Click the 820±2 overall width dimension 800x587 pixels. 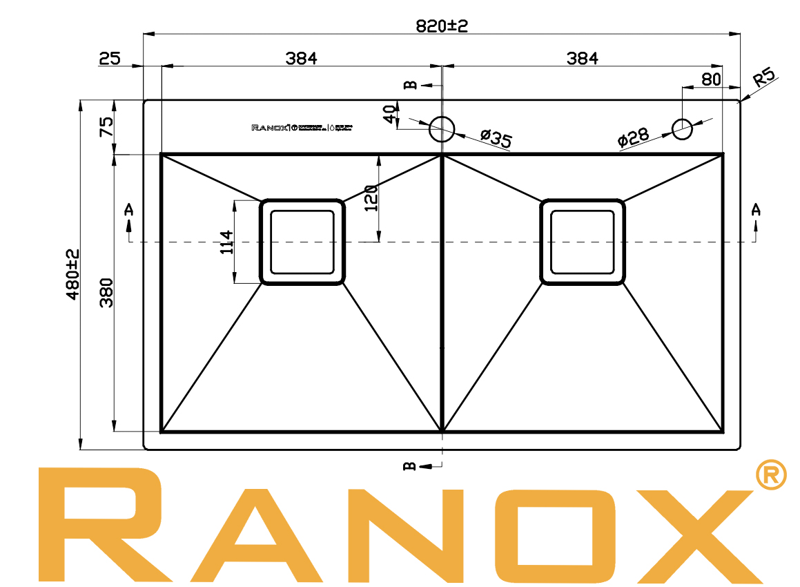pos(442,26)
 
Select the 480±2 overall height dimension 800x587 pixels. pos(73,274)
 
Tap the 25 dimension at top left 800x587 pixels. pos(110,59)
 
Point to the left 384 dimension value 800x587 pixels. pos(301,59)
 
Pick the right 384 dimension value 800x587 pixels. pos(582,59)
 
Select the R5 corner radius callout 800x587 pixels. pos(765,76)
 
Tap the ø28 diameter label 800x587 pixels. pos(633,137)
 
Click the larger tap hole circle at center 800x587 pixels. pos(442,129)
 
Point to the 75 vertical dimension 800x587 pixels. pos(107,126)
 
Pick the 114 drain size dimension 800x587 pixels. pos(226,242)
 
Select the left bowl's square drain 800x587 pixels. pos(302,242)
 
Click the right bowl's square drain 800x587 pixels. pos(583,242)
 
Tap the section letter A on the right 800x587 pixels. pos(757,209)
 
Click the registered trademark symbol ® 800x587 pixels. pos(771,474)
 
